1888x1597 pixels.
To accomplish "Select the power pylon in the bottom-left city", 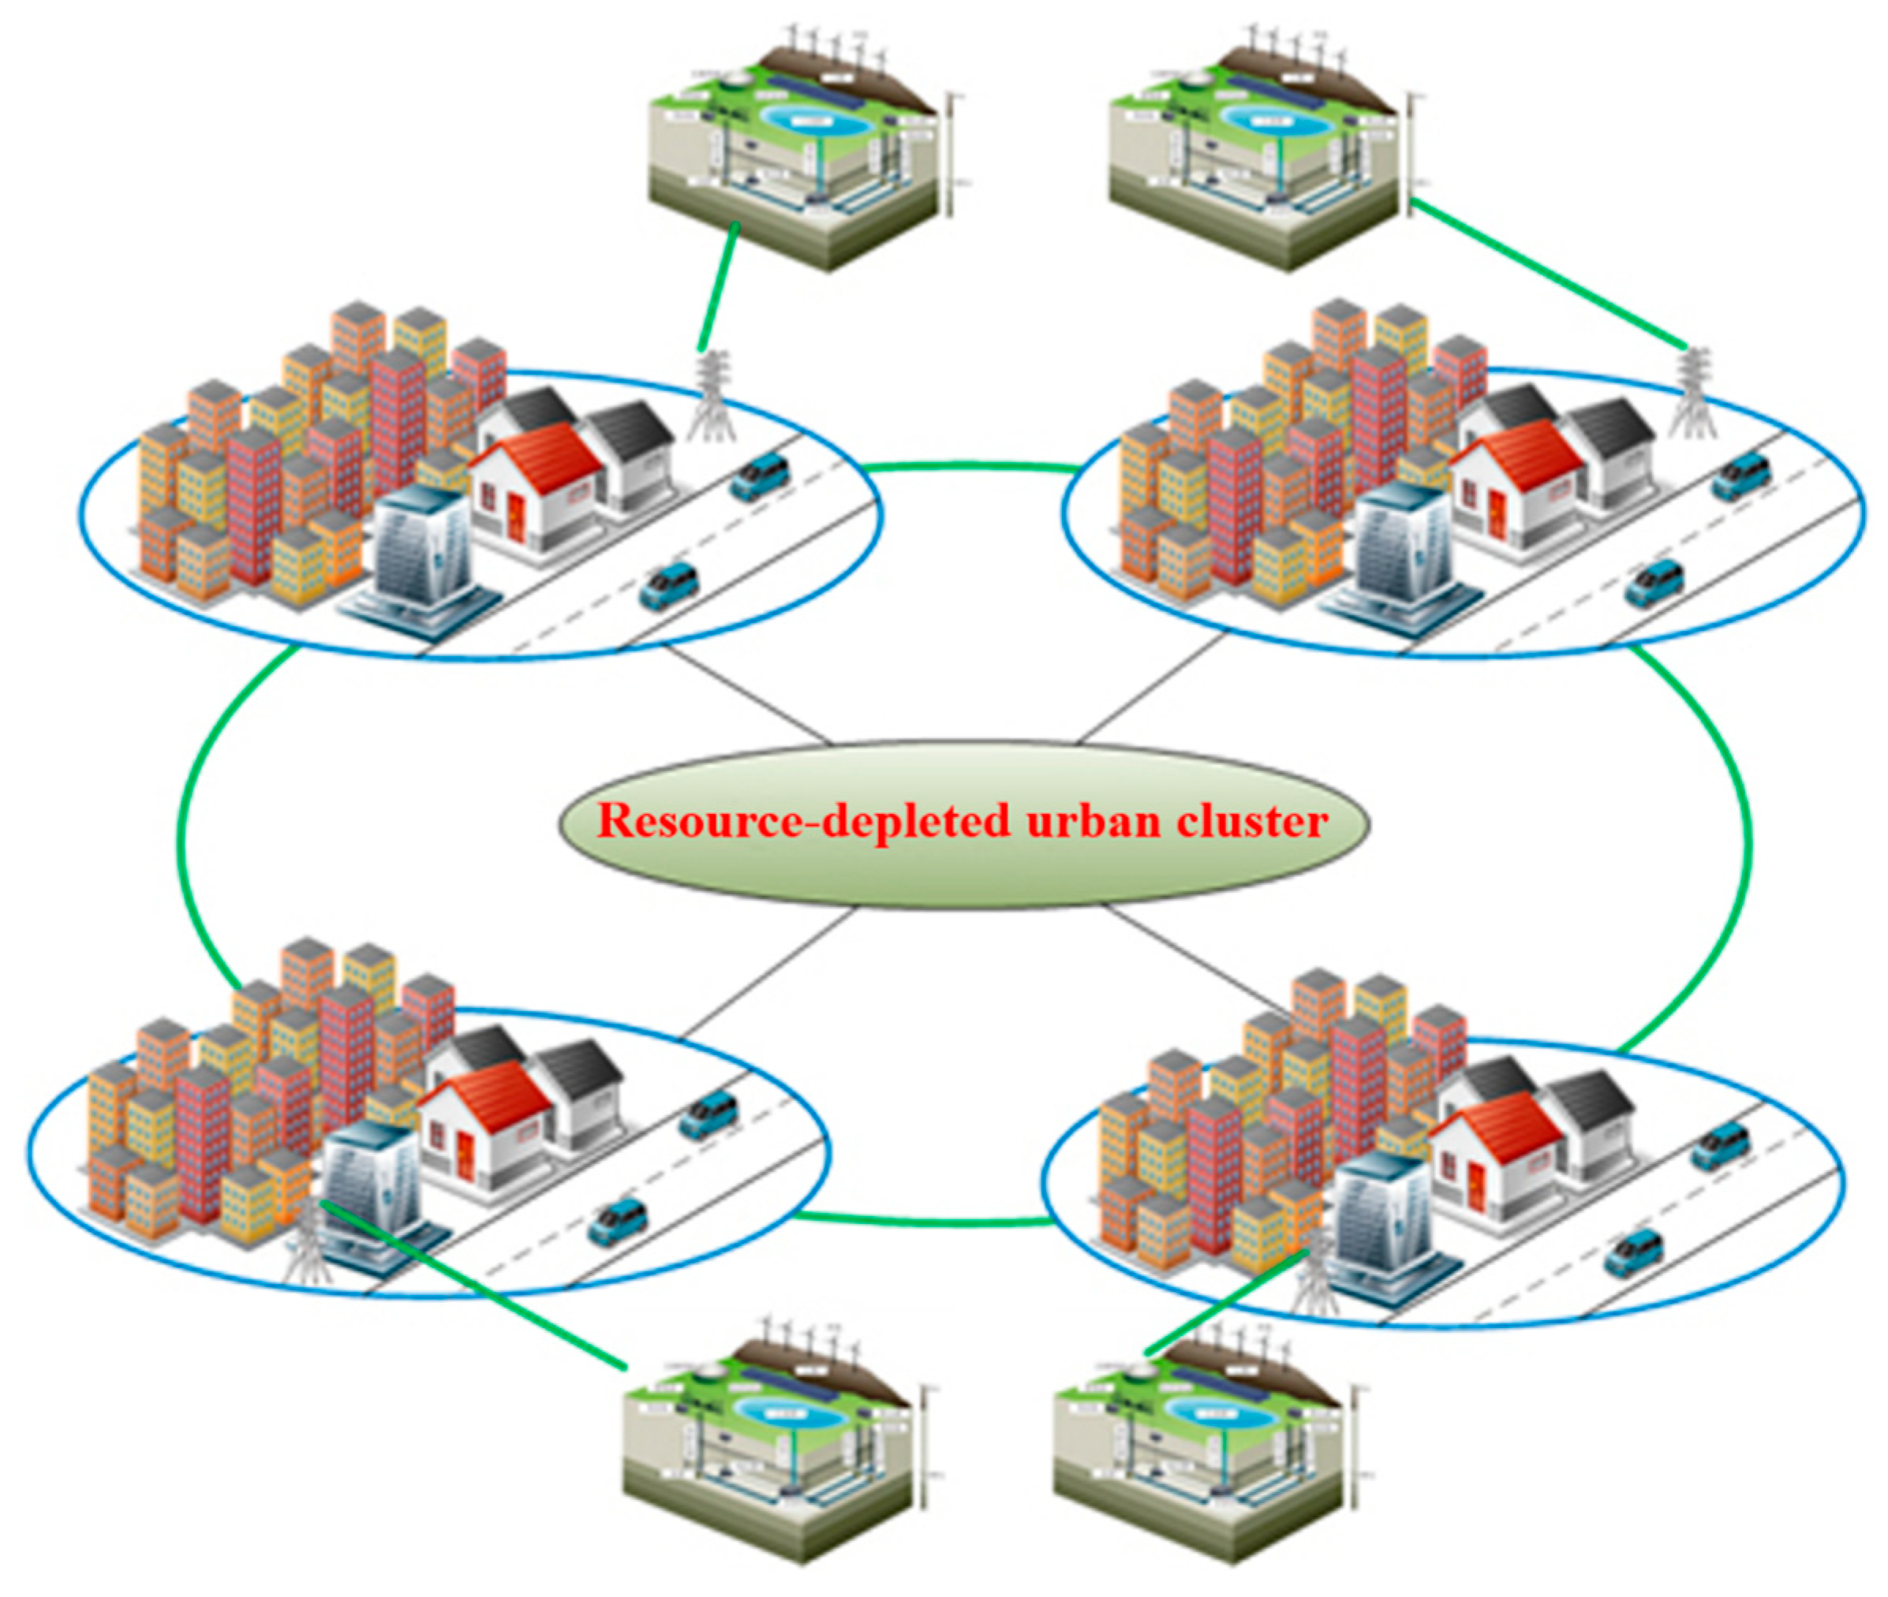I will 308,1241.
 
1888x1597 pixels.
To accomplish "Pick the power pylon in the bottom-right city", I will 1314,1278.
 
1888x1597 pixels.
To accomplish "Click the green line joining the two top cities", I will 969,467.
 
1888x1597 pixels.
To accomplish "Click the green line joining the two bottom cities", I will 924,1222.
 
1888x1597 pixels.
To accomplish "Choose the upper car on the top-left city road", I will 759,476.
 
